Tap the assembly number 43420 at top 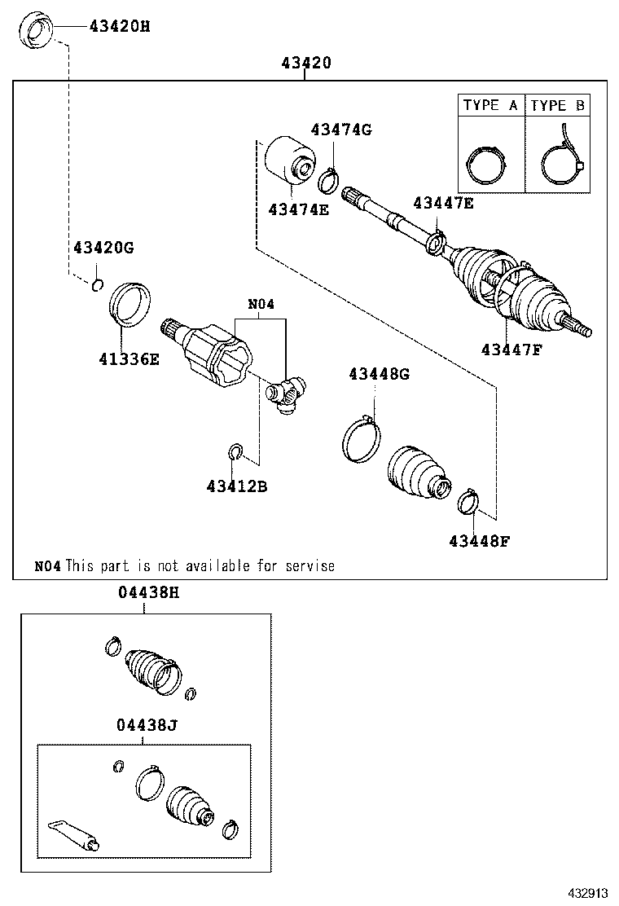click(x=306, y=63)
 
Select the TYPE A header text click(x=490, y=105)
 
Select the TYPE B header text click(x=557, y=105)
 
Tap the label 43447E click(x=442, y=203)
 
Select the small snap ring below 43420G click(x=97, y=284)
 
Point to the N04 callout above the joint click(x=261, y=305)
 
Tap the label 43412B click(x=237, y=486)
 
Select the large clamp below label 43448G click(x=360, y=440)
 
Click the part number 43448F click(x=479, y=540)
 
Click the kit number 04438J click(x=144, y=723)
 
